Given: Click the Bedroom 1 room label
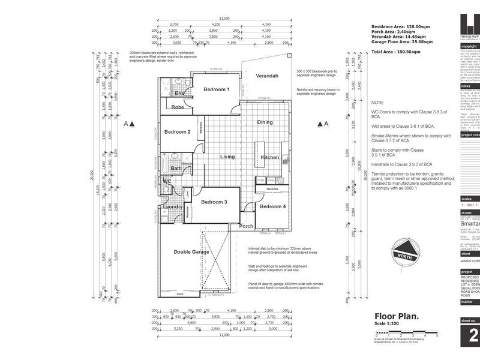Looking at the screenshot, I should (217, 89).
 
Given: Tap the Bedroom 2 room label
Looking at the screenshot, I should (178, 132).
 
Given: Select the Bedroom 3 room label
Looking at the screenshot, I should (214, 202).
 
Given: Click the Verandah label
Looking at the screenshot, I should (268, 76).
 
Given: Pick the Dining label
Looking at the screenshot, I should (265, 122).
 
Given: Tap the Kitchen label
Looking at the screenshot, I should (270, 157).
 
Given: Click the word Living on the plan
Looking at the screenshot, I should (227, 157).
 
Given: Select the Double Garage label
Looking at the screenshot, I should (191, 252).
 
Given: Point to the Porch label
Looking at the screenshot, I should (246, 226).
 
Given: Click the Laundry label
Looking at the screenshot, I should (172, 207).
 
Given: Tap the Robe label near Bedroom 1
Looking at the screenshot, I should (178, 107).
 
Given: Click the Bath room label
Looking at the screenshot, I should (175, 169).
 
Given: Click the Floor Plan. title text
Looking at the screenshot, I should (397, 316).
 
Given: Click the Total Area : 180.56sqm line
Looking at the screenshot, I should (395, 52).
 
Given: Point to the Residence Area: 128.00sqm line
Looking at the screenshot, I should (401, 27).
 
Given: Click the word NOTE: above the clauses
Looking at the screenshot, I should (378, 103).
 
